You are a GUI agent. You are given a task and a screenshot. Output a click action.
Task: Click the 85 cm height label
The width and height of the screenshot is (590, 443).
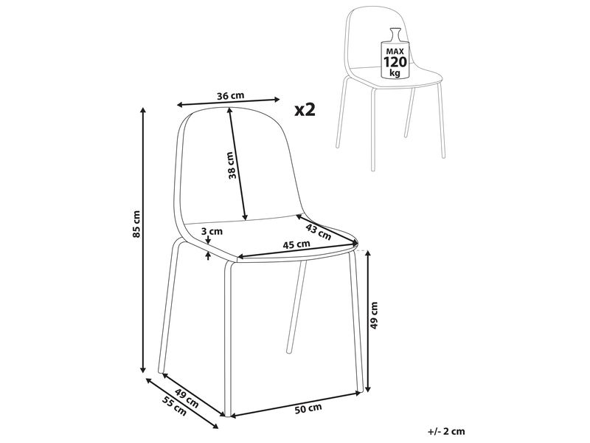pos(137,224)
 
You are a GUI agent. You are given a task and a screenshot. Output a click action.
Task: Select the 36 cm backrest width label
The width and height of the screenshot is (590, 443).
pos(231,96)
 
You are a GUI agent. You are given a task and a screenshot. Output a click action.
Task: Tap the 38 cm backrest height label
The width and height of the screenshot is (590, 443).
pos(232,165)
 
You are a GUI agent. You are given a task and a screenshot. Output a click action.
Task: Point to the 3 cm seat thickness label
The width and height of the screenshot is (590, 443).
pos(212,231)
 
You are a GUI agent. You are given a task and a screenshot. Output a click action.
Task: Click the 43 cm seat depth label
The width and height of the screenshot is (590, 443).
pos(319,232)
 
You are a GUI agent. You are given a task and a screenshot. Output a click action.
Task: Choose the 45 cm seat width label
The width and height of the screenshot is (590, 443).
pos(296,244)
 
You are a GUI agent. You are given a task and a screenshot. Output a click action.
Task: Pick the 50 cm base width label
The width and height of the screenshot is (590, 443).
pos(308,408)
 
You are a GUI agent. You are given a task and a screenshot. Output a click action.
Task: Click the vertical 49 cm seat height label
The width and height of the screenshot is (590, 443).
pos(374,315)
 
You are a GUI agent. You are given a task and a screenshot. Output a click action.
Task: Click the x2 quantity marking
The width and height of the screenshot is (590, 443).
pos(305,109)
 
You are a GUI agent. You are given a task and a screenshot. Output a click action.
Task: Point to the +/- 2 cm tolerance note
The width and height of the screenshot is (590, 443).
pos(447,431)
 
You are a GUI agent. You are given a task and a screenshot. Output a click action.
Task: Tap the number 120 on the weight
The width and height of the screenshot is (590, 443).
pos(395,62)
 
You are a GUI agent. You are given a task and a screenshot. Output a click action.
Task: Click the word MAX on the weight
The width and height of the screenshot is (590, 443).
pos(395,51)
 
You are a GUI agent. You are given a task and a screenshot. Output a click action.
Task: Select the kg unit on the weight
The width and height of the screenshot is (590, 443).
pos(395,72)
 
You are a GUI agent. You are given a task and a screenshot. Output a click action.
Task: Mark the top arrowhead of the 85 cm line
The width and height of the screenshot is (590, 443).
pos(142,110)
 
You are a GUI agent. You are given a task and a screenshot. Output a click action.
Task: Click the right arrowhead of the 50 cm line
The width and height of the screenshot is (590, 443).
pos(358,394)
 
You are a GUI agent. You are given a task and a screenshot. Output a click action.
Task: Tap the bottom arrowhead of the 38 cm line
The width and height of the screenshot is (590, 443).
pos(246,216)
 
